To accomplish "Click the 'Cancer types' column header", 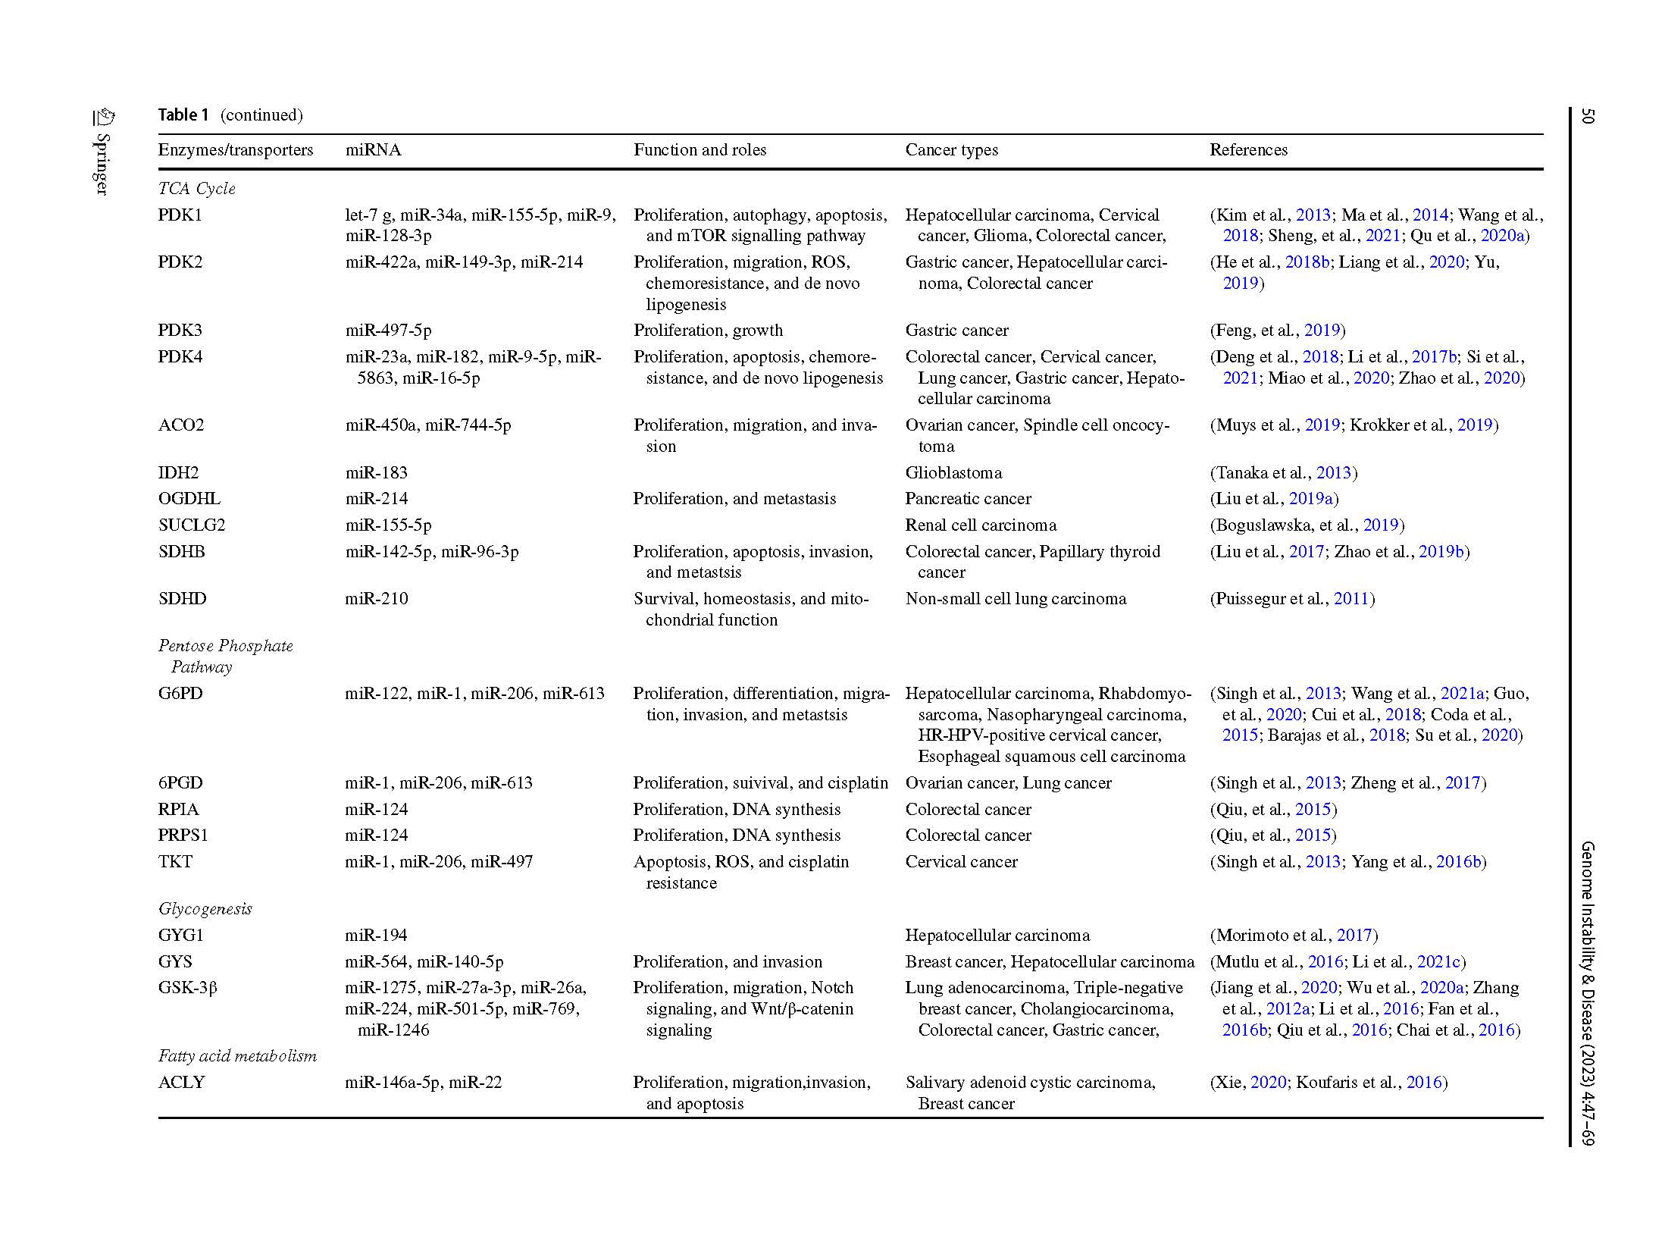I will (x=951, y=150).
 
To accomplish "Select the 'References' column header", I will (x=1248, y=150).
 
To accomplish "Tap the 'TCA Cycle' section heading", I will (x=196, y=189).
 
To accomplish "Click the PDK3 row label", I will (x=180, y=331).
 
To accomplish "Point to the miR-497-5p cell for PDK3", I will (x=388, y=331).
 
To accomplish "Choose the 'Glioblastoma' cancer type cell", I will (x=953, y=473).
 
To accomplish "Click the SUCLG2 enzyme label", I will (x=191, y=525).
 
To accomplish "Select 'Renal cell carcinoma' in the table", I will (x=981, y=525).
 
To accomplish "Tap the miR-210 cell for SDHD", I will (x=376, y=599).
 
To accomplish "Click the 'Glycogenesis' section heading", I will (x=205, y=909).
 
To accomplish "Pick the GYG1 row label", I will (x=180, y=936).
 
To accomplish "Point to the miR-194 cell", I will (x=376, y=936).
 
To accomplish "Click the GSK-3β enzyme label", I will (x=187, y=988).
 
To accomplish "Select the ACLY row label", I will (x=181, y=1083).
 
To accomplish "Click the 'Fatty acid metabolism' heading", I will (x=237, y=1056).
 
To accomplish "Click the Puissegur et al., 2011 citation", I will (x=1291, y=599).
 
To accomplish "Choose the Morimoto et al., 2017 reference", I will (x=1293, y=936).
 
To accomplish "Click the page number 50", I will (x=1587, y=116).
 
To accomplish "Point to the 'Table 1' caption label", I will (x=183, y=115).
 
